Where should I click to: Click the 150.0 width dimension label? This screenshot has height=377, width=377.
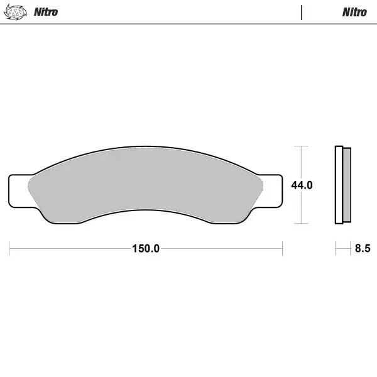146,248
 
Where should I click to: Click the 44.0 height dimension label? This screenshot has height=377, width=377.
302,185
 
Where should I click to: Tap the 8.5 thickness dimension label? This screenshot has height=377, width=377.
363,248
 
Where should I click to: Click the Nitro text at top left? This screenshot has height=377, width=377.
45,12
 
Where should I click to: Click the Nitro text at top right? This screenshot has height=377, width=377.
354,12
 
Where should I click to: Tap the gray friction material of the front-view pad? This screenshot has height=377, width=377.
146,185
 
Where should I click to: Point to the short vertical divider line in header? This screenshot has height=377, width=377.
302,13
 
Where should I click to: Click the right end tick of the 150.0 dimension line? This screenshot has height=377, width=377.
282,248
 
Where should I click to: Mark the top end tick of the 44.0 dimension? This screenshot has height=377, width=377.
302,146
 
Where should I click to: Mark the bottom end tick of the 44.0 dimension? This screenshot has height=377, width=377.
302,224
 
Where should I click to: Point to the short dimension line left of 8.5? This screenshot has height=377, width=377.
342,248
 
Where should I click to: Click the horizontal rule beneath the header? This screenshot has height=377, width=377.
188,24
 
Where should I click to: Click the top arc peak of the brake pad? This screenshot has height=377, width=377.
146,148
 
